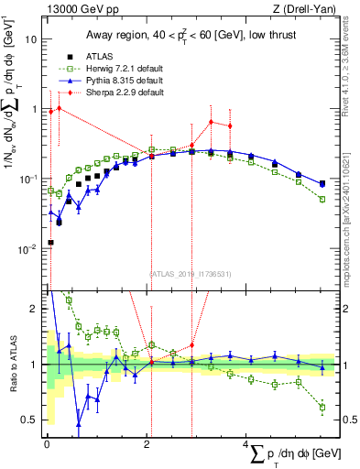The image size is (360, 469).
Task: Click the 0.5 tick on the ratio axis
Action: tap(30, 420)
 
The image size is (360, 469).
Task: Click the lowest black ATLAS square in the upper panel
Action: tap(49, 243)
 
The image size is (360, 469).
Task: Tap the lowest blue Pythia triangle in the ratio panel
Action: tap(79, 424)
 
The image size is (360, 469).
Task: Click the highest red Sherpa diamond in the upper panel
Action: tap(60, 108)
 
